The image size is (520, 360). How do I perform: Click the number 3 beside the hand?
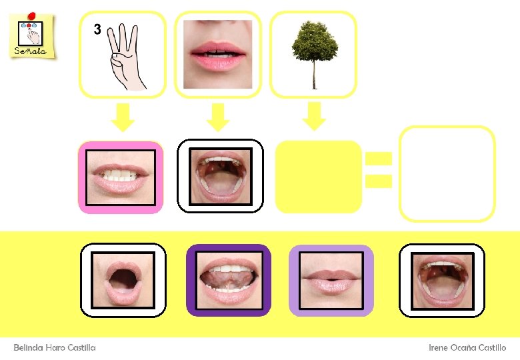click(x=97, y=29)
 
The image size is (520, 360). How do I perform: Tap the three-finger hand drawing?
click(x=127, y=57)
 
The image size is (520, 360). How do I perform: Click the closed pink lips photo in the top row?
click(x=217, y=54)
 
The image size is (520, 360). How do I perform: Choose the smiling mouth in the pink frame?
click(x=121, y=177)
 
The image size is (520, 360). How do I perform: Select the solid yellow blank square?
click(x=318, y=177)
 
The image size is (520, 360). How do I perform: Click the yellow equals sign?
click(x=378, y=169)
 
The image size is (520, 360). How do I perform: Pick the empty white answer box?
click(x=447, y=173)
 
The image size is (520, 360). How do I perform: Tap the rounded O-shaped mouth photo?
click(x=123, y=280)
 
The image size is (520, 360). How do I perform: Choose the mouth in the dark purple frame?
click(x=228, y=280)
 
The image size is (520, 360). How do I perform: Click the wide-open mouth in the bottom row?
click(x=441, y=280)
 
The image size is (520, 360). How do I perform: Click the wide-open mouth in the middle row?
click(x=220, y=176)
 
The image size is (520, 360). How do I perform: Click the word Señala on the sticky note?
click(x=29, y=51)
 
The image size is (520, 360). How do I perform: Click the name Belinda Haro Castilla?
click(x=55, y=347)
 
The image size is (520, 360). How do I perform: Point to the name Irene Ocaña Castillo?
click(x=467, y=347)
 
